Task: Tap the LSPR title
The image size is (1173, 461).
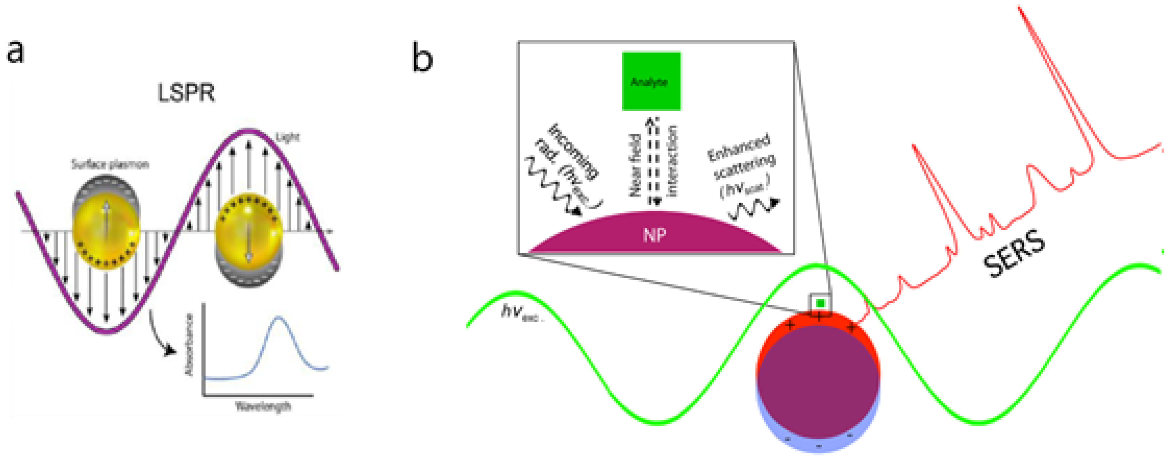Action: pyautogui.click(x=186, y=93)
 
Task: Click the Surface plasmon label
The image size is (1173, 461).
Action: pyautogui.click(x=110, y=165)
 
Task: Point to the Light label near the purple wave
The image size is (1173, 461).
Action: pyautogui.click(x=288, y=137)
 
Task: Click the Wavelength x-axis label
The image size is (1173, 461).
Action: pyautogui.click(x=263, y=406)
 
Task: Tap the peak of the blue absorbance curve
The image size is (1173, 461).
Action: pyautogui.click(x=279, y=317)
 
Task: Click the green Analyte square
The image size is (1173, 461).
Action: pyautogui.click(x=651, y=81)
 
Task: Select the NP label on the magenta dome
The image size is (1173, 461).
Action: pyautogui.click(x=654, y=235)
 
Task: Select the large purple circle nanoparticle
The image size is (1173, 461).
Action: pyautogui.click(x=818, y=378)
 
